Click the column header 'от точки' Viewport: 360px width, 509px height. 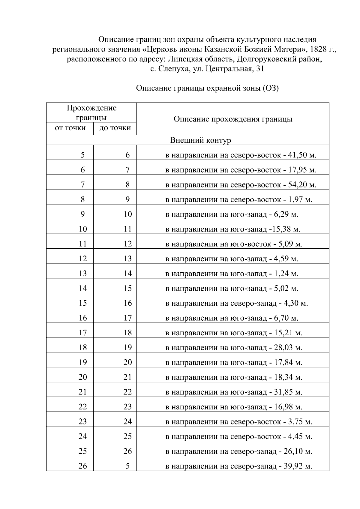pos(70,128)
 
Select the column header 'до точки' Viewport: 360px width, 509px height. pos(115,128)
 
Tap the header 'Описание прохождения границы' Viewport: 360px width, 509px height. pos(233,119)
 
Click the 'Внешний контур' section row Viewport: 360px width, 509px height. pos(200,140)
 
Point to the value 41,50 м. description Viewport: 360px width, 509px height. pos(241,155)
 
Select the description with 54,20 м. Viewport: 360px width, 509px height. pos(241,185)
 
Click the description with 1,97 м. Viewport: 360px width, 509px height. pos(239,200)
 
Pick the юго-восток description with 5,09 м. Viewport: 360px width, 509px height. pos(234,244)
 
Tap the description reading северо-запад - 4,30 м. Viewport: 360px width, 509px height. pos(237,303)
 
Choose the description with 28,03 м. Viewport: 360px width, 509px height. pos(234,348)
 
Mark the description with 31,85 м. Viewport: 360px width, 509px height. pos(234,392)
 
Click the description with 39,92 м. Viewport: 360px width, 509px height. pos(239,466)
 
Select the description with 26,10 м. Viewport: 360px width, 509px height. pos(239,451)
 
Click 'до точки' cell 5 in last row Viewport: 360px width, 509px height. pos(127,466)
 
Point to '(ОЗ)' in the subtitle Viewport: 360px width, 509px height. pos(271,88)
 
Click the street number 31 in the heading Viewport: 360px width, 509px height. pos(260,69)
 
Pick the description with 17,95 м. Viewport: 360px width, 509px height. pos(241,170)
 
